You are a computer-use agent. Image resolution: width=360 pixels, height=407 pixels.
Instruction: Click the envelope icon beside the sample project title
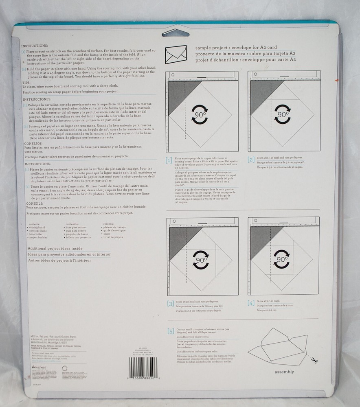click(174, 53)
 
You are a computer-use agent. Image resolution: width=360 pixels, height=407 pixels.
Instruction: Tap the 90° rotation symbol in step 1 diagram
click(200, 113)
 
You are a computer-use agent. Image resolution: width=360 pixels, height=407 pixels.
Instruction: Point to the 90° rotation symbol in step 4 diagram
click(282, 259)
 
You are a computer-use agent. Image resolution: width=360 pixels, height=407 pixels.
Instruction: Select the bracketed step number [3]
click(170, 304)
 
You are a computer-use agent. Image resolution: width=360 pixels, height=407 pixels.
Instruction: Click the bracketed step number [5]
click(171, 330)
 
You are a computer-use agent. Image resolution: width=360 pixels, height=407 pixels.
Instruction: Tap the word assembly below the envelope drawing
click(284, 372)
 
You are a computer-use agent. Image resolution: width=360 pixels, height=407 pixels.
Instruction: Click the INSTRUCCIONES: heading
click(37, 99)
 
